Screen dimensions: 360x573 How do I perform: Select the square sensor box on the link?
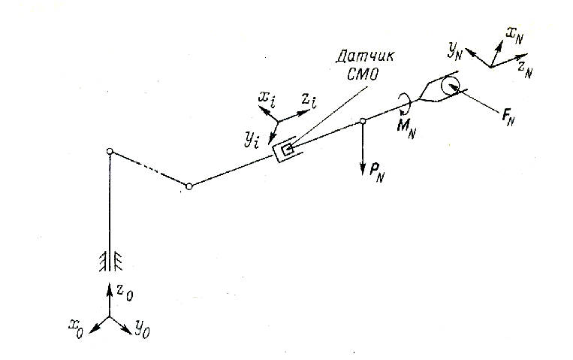pyautogui.click(x=286, y=150)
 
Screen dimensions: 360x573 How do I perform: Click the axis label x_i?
pyautogui.click(x=267, y=96)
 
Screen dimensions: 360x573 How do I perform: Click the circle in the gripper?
pyautogui.click(x=451, y=86)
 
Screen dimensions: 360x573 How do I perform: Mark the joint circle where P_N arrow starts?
pyautogui.click(x=363, y=120)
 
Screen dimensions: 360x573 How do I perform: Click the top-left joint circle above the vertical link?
pyautogui.click(x=110, y=153)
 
